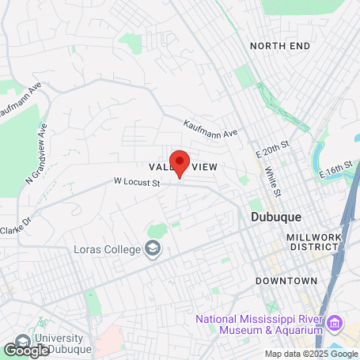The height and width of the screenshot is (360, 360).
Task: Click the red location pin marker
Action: (x=180, y=162)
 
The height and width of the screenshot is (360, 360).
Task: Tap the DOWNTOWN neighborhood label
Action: (x=286, y=281)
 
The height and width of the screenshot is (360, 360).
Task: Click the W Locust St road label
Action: (x=137, y=183)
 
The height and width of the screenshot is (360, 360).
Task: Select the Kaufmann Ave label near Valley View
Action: (x=210, y=128)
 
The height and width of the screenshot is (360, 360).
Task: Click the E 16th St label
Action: (x=335, y=171)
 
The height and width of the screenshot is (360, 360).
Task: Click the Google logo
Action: (x=26, y=349)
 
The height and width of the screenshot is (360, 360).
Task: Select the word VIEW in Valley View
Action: (x=203, y=167)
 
